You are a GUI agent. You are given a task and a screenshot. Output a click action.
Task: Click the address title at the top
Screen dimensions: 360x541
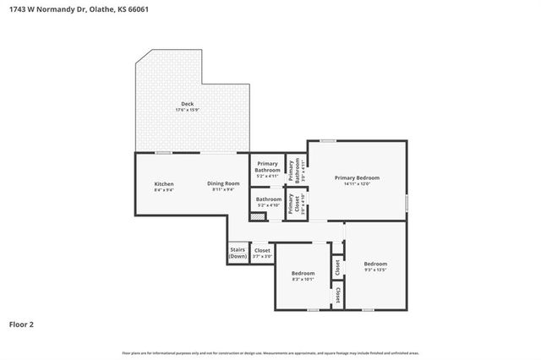tap(67, 9)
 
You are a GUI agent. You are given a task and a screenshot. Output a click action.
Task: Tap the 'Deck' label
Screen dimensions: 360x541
tap(187, 103)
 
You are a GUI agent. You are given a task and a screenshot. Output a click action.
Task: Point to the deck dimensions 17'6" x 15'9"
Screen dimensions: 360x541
tap(187, 110)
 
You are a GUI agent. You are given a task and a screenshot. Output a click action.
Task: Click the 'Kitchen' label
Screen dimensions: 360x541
tap(163, 183)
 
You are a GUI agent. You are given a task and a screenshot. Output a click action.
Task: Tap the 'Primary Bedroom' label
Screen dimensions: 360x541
tap(357, 177)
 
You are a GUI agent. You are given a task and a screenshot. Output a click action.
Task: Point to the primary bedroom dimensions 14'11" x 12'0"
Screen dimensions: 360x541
tap(357, 184)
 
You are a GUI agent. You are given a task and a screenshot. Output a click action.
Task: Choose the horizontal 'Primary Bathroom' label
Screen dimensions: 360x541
tap(267, 166)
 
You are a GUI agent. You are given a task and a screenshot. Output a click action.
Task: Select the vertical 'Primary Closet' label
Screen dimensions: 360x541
tap(291, 204)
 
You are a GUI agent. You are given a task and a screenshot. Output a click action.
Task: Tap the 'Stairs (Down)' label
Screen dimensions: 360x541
tap(238, 253)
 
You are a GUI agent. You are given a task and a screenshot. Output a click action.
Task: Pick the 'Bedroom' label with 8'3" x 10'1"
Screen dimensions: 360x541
tap(303, 273)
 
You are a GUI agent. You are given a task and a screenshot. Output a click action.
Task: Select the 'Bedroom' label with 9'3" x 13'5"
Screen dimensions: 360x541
tap(374, 264)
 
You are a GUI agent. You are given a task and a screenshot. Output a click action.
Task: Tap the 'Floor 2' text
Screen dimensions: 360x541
tap(21, 324)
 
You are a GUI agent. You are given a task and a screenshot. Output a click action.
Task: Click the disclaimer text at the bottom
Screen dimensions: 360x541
tap(270, 352)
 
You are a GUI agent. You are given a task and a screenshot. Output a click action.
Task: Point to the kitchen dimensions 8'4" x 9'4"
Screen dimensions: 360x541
tap(163, 190)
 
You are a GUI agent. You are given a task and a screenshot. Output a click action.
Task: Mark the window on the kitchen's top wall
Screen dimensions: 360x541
tap(164, 152)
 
